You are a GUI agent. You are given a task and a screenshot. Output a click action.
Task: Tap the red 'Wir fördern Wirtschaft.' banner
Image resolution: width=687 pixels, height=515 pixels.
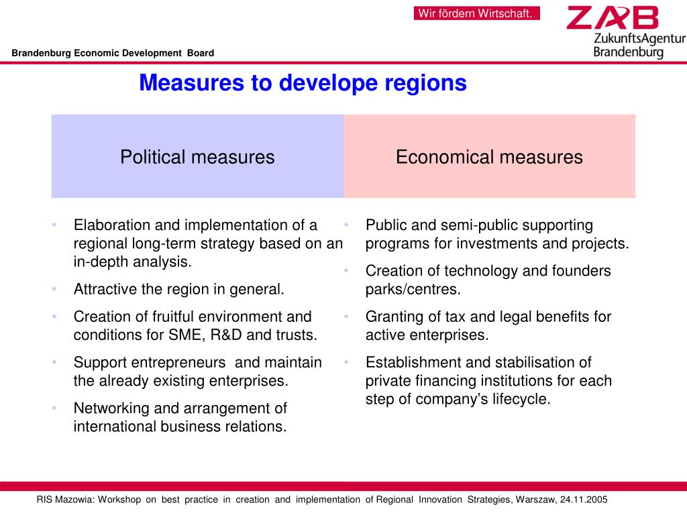[476, 13]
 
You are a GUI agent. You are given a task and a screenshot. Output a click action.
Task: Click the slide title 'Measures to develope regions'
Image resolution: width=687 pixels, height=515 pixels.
[303, 83]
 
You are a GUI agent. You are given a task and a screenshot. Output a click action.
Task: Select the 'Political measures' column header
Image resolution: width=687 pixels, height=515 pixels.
[197, 157]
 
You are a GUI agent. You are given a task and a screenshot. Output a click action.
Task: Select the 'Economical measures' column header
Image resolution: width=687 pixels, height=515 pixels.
[489, 157]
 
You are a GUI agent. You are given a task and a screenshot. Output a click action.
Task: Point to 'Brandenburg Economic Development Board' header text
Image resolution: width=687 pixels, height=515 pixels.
[112, 53]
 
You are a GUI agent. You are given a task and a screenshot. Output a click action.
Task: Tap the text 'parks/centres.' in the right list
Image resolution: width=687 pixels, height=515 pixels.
[413, 290]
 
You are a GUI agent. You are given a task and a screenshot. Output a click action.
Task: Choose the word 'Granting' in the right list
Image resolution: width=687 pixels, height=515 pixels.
[392, 317]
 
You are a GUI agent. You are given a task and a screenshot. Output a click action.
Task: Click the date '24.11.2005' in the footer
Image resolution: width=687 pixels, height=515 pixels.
[583, 500]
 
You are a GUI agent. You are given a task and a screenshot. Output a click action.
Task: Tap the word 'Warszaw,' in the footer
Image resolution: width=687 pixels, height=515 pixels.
[535, 500]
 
